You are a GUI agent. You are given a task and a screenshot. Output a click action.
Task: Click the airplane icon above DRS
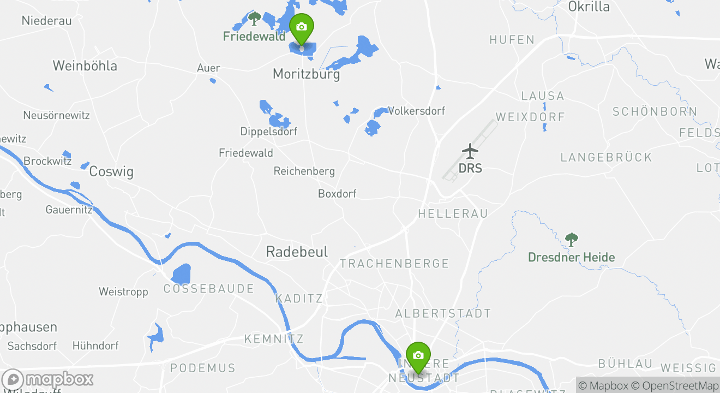pos(470,150)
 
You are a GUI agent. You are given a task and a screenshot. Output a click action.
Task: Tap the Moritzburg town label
pos(306,74)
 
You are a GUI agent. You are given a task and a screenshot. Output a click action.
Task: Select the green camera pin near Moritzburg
pos(301,28)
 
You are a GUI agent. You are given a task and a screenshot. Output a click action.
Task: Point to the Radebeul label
pos(297,252)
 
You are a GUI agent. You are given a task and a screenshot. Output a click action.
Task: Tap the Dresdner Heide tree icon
pos(571,239)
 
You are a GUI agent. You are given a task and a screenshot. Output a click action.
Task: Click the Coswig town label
pos(111,171)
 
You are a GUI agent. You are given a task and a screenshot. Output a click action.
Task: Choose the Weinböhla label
pos(85,66)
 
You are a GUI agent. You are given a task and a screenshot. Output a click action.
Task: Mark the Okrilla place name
pos(589,7)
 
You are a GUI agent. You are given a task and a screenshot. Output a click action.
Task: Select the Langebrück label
pos(606,157)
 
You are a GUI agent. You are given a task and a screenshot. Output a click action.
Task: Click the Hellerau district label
pos(453,213)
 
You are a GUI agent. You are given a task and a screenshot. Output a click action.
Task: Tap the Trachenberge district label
pos(394,264)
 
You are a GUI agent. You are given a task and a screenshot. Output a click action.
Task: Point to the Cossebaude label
pos(209,289)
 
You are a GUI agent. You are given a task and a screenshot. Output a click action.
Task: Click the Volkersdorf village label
pos(416,111)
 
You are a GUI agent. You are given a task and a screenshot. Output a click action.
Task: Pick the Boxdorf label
pos(337,194)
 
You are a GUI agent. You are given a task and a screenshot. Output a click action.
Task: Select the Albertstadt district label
pos(443,313)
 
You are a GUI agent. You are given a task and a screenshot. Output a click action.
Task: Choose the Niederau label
pos(46,21)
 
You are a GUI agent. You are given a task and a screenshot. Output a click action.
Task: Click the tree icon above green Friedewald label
pos(254,18)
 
